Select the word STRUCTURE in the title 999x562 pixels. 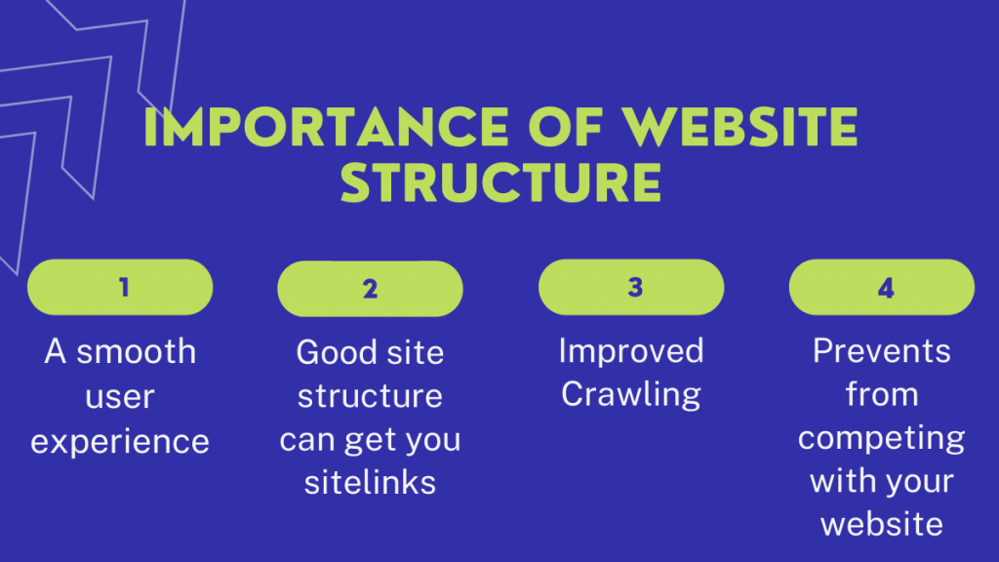[x=500, y=183]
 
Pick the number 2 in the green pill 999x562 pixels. [x=370, y=289]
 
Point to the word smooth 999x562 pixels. [x=137, y=351]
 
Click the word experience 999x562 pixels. [x=120, y=441]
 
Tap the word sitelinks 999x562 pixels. [x=370, y=482]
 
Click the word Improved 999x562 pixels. [x=631, y=351]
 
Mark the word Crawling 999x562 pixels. [x=631, y=395]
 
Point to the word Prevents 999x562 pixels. [x=882, y=351]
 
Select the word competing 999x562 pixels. [x=882, y=438]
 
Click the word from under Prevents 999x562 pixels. [x=882, y=395]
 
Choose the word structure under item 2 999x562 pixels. [x=370, y=395]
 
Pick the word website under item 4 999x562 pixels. [x=882, y=525]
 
